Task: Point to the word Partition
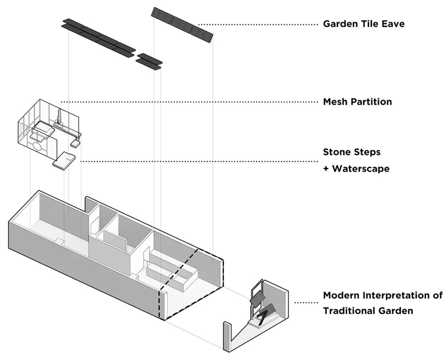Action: tap(371, 102)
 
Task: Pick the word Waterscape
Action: tap(361, 169)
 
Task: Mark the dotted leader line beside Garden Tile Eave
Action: tap(257, 24)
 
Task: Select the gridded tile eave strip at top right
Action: tap(183, 24)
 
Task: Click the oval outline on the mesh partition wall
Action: tap(37, 146)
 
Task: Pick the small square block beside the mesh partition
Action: tap(75, 144)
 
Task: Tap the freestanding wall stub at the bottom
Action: tap(226, 336)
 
